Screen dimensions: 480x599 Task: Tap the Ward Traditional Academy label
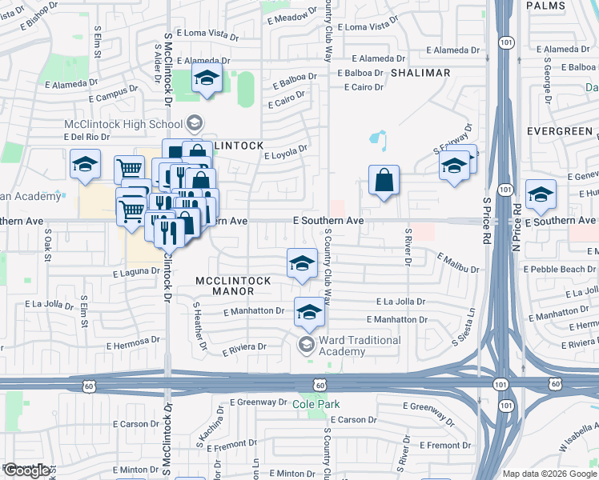coord(360,346)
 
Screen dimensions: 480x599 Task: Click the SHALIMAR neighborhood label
coord(420,73)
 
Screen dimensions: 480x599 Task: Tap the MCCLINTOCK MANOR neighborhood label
coord(233,286)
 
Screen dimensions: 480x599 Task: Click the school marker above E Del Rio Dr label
coord(84,165)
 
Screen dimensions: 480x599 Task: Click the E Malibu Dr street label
coord(458,262)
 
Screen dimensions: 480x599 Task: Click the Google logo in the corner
coord(26,470)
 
